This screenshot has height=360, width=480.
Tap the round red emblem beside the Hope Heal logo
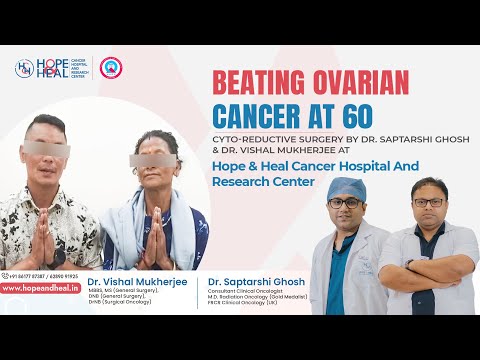click(x=112, y=68)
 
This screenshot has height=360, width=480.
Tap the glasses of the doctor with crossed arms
click(x=429, y=200)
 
